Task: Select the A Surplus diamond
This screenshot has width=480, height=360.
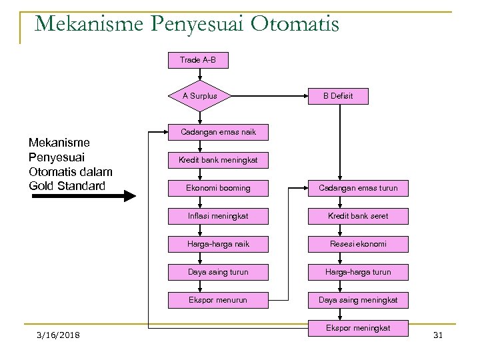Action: [197, 95]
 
